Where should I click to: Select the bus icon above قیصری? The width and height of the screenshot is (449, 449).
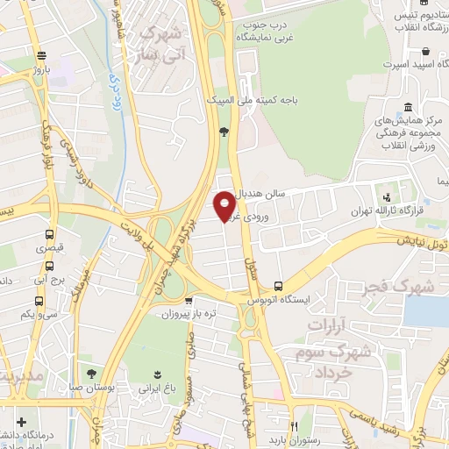[x=49, y=234]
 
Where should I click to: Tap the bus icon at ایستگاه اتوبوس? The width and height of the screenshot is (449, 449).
[x=278, y=286]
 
